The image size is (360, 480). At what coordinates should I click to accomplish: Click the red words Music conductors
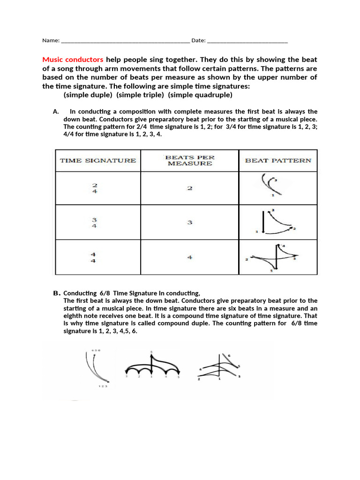coord(73,60)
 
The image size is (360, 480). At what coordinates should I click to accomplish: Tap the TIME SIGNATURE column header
coord(98,160)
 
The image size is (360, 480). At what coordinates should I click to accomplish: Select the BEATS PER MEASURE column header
coord(189,160)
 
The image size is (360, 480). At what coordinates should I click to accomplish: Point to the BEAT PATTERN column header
coord(278,160)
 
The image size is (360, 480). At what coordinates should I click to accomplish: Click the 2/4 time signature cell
coord(95,188)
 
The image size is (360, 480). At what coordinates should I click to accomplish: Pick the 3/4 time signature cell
coord(95,223)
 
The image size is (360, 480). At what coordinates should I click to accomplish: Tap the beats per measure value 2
coord(190,188)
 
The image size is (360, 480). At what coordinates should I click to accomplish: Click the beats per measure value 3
coord(190,223)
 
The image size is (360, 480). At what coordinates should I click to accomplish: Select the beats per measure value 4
coord(190,257)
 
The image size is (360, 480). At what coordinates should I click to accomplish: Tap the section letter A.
coord(56,112)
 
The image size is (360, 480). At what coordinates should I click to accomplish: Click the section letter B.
coord(56,293)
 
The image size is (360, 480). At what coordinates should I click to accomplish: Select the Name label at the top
coord(51,40)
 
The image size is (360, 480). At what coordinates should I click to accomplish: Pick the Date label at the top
coord(198,40)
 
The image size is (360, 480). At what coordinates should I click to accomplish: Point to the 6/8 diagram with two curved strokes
coord(97,367)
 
